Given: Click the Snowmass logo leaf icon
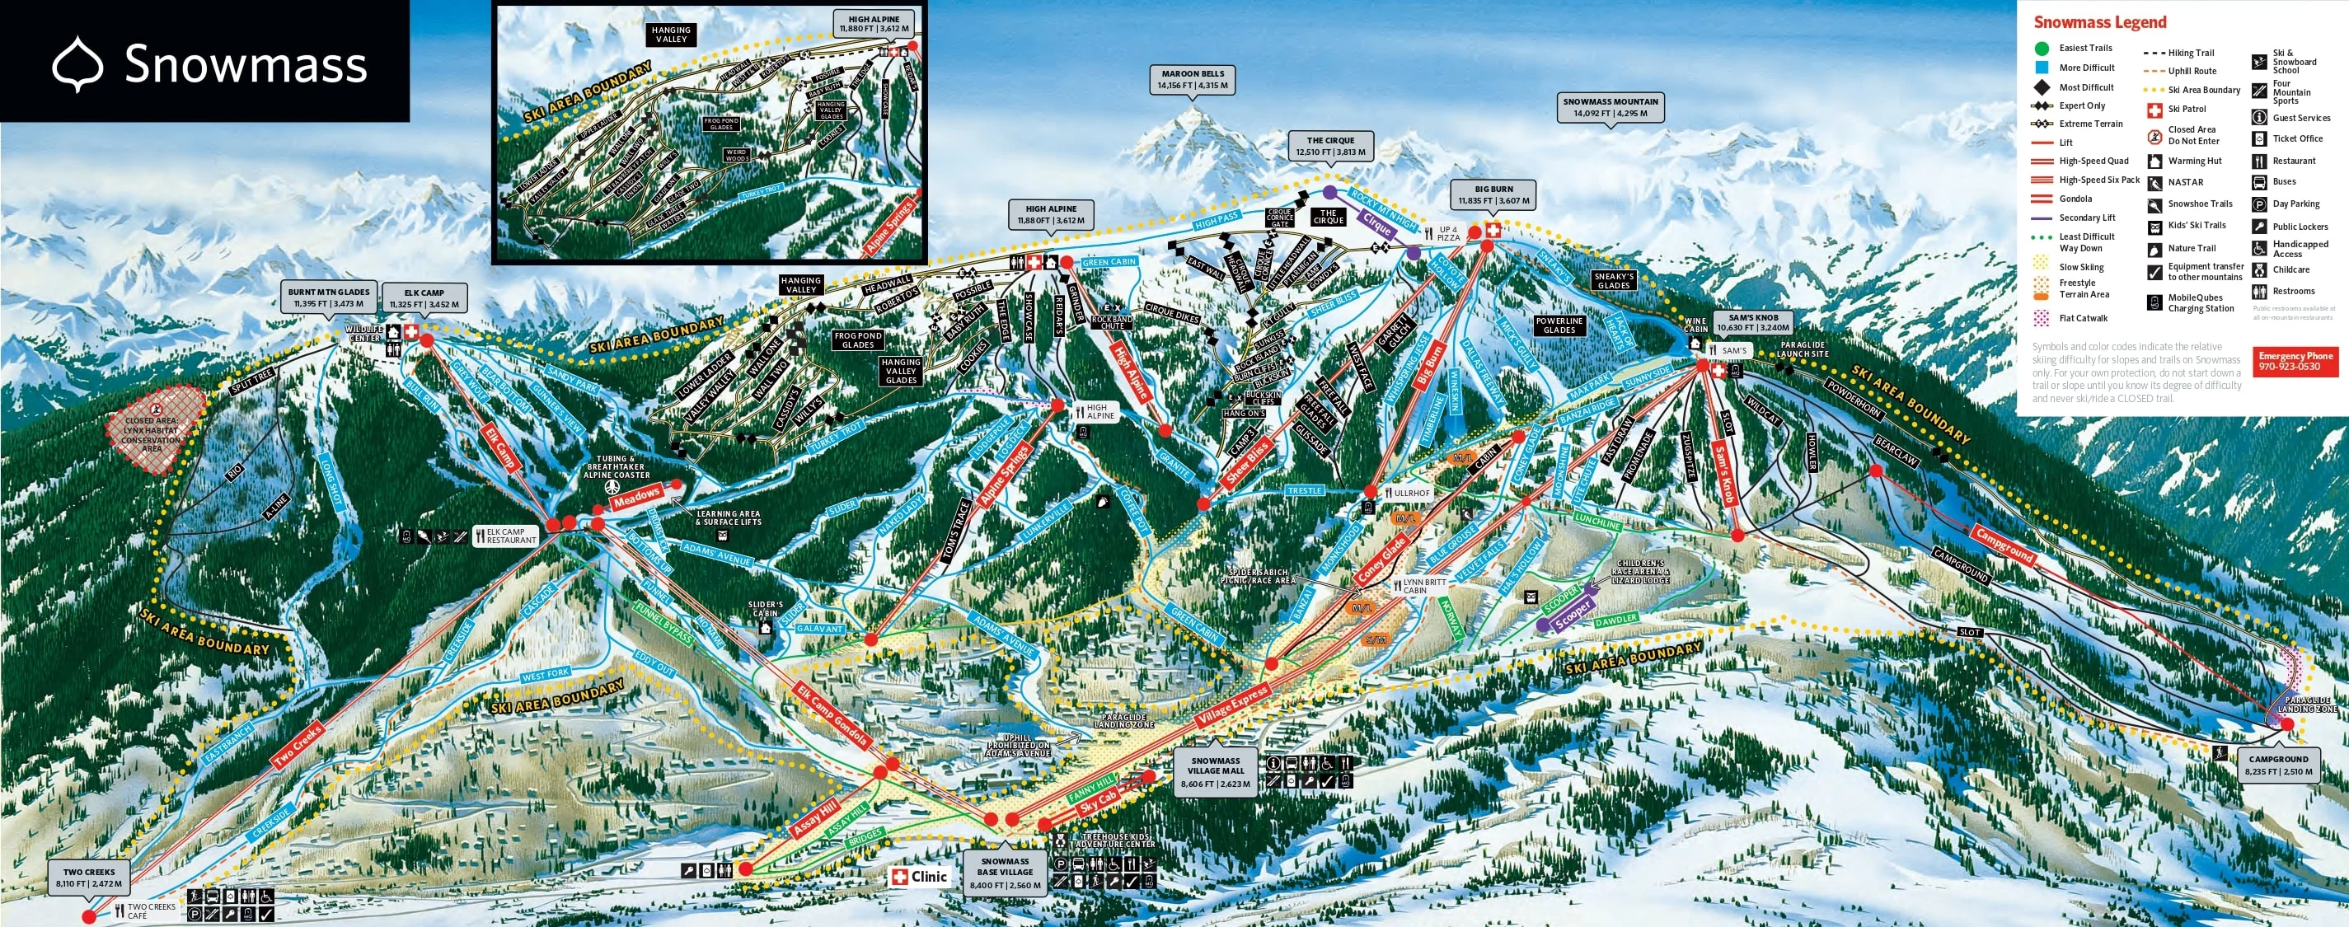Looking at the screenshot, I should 77,63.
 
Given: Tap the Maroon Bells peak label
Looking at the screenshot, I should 1193,79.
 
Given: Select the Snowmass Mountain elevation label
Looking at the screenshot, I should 1611,108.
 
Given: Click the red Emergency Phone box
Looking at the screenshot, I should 2295,361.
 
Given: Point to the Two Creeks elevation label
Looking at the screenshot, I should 88,878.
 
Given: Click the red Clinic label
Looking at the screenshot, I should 919,877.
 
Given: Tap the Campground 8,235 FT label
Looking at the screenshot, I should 2278,765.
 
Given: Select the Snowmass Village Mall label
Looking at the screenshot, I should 1215,772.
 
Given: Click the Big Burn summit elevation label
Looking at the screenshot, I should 1493,195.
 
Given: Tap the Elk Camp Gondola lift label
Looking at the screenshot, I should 832,715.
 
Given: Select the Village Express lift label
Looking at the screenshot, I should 1233,705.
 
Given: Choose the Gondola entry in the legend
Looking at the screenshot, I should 2075,199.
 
